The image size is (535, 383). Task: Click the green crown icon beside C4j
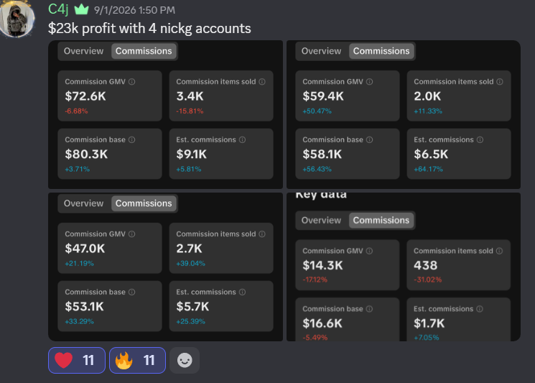(x=82, y=9)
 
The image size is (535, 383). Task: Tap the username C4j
(x=58, y=9)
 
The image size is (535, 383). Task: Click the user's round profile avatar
(x=17, y=19)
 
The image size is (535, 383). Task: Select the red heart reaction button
(x=77, y=360)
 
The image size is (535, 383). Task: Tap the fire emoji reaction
(x=137, y=360)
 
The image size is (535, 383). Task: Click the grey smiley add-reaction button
(x=185, y=360)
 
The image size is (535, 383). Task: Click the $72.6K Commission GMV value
(x=85, y=96)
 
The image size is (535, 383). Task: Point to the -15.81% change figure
(x=190, y=111)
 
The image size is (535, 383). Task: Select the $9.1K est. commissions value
(x=192, y=154)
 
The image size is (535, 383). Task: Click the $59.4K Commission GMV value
(x=323, y=96)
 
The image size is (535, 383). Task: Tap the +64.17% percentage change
(x=428, y=169)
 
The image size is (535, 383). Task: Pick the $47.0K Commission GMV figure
(x=85, y=249)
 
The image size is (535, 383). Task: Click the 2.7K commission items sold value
(x=189, y=249)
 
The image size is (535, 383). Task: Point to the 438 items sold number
(x=425, y=265)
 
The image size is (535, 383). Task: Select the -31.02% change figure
(x=428, y=280)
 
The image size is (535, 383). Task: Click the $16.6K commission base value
(x=322, y=323)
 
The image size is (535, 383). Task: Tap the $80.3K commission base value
(x=86, y=154)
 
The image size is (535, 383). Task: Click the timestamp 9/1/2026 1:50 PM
(x=134, y=10)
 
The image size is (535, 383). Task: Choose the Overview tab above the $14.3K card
(x=321, y=220)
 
